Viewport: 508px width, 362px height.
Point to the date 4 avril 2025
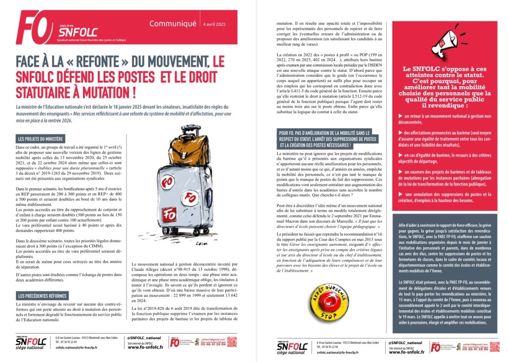[214, 23]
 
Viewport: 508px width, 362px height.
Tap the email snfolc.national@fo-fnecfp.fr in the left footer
[76, 348]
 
